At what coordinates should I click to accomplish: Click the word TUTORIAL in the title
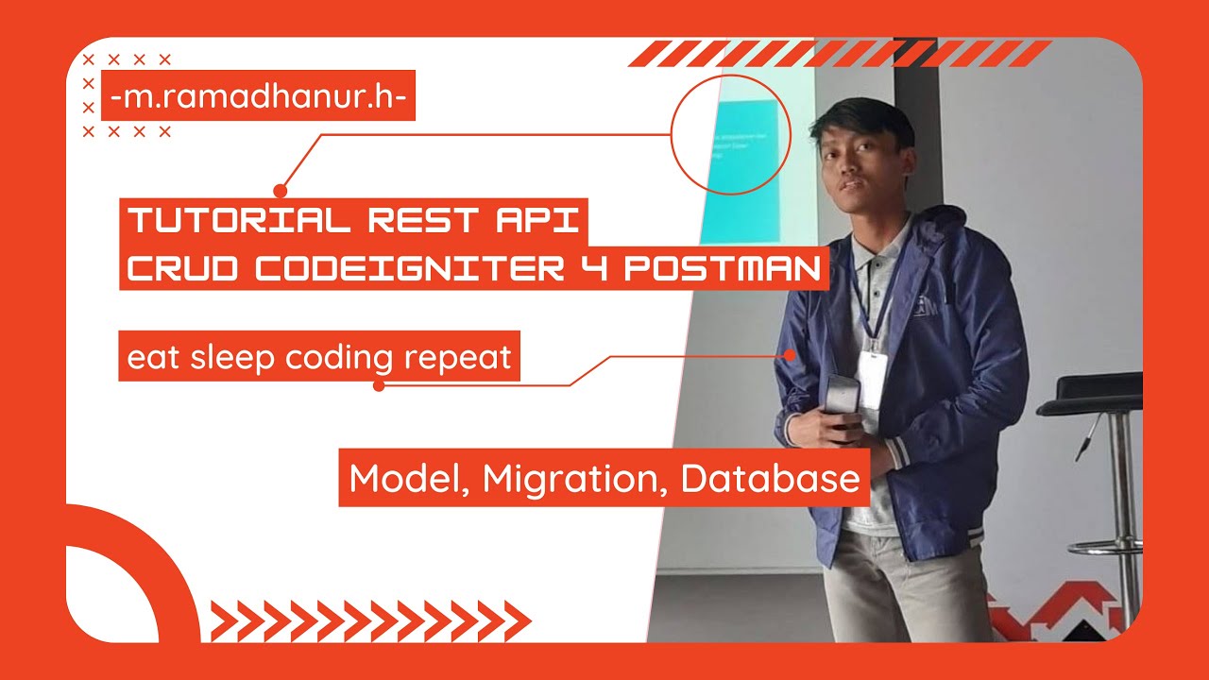238,220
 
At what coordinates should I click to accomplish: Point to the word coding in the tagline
341,357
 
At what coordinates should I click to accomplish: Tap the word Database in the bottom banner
770,479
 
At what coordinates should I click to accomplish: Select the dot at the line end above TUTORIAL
280,190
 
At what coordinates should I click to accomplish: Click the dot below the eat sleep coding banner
379,385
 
